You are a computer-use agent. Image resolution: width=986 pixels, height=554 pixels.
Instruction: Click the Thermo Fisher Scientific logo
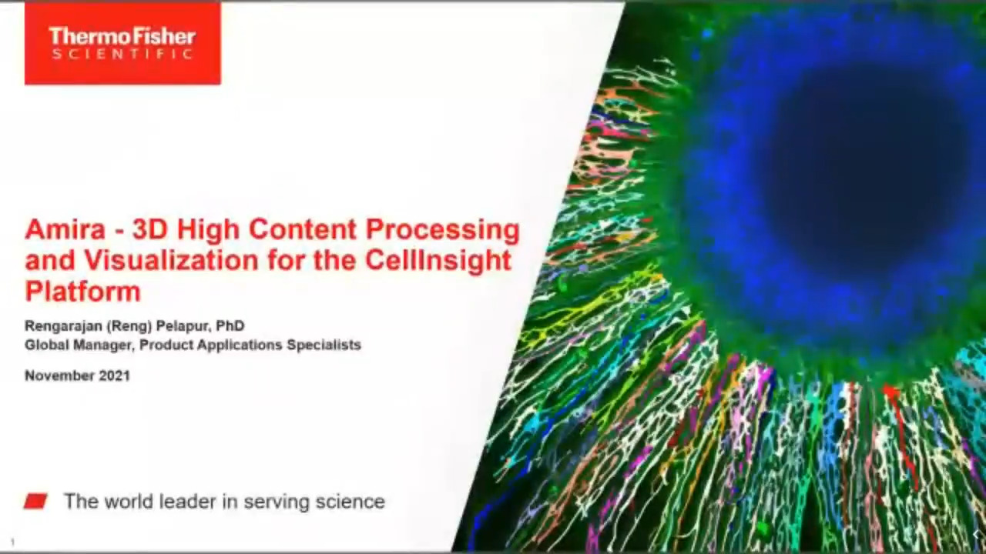click(122, 43)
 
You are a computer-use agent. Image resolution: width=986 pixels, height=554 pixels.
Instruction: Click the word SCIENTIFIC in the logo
click(122, 55)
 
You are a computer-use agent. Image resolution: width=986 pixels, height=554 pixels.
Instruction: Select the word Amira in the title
click(65, 230)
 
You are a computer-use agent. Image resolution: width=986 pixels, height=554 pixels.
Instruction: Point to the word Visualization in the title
click(171, 260)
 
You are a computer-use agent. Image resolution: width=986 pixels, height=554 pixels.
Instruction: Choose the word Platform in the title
click(82, 291)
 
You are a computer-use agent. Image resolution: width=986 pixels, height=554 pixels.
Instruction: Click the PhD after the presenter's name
click(230, 325)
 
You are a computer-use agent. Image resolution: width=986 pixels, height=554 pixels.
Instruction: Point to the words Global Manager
click(79, 345)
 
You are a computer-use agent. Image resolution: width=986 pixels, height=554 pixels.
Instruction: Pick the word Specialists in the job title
click(324, 345)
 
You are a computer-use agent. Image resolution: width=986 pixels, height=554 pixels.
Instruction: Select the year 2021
click(115, 375)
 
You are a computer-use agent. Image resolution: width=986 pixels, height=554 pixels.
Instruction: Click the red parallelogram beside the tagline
click(35, 501)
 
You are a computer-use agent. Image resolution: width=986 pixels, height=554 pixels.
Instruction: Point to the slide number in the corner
click(12, 542)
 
